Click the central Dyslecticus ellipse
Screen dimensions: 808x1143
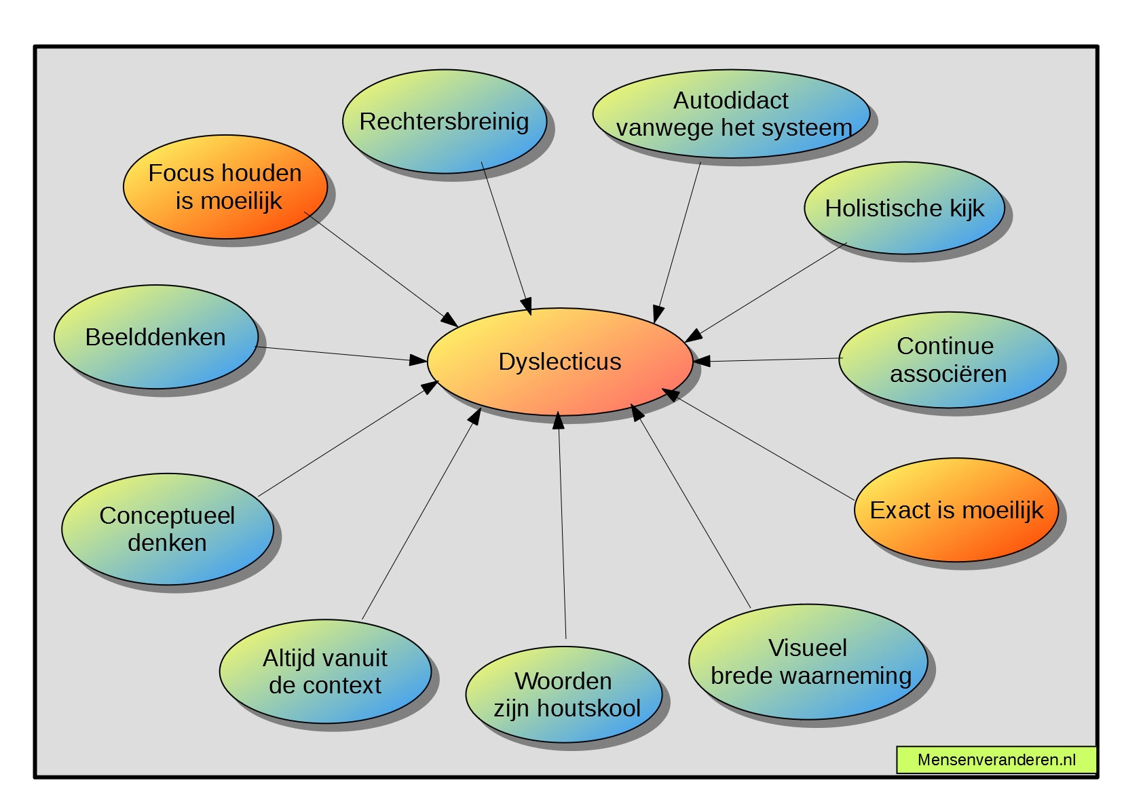tap(560, 362)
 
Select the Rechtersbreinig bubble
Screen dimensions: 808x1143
tap(445, 122)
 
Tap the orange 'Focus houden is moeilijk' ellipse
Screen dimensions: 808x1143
tap(225, 187)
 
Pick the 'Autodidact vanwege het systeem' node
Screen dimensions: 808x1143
tap(732, 114)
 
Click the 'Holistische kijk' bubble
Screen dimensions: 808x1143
tap(904, 208)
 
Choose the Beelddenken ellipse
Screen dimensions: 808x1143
tap(156, 337)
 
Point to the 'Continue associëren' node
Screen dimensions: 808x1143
tap(948, 360)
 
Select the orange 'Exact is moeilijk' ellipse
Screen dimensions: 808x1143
tap(956, 510)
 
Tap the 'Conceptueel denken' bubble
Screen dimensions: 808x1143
tap(168, 529)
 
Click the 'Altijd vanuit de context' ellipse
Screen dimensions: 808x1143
tap(325, 672)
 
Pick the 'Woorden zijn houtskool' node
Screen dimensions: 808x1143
tap(564, 695)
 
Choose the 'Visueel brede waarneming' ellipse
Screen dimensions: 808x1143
tap(808, 662)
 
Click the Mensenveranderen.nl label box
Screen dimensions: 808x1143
tap(996, 760)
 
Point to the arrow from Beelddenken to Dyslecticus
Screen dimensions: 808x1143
tap(339, 353)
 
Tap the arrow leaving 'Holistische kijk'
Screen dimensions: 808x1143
tap(767, 292)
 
